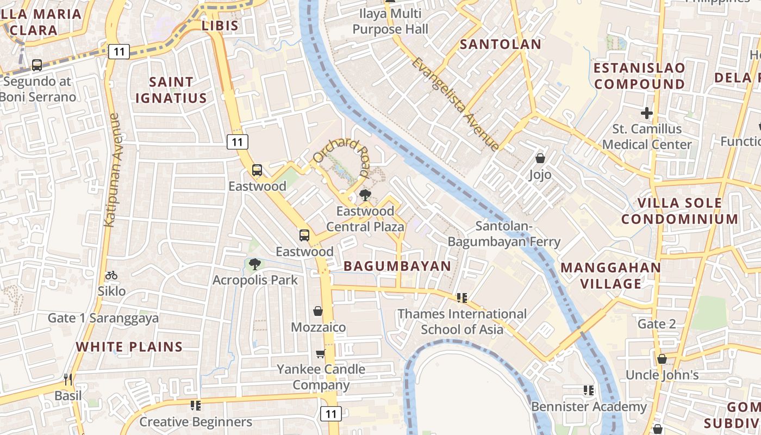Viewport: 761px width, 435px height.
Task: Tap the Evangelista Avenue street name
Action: coord(455,103)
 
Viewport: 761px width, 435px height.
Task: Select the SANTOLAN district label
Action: coord(501,44)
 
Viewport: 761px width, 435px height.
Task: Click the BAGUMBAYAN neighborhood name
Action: coord(397,266)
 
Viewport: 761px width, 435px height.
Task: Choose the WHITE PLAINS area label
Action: coord(129,346)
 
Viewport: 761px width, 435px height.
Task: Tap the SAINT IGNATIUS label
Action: coord(171,90)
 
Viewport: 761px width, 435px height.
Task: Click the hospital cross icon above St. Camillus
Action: coord(646,113)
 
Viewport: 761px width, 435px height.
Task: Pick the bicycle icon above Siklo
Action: coord(111,275)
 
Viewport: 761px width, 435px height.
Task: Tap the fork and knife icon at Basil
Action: coord(68,379)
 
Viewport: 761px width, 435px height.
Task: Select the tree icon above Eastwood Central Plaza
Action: coord(365,195)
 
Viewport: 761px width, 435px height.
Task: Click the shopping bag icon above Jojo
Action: coord(540,158)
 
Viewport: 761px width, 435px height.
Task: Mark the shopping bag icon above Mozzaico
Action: coord(318,311)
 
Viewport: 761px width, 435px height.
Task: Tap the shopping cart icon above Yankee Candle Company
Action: coord(321,353)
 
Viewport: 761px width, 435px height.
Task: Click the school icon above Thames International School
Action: coord(462,297)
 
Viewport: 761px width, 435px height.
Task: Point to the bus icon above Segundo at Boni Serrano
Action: coord(37,65)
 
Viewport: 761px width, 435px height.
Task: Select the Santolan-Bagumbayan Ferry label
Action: coord(504,234)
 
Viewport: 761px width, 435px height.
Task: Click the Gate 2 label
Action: coord(657,324)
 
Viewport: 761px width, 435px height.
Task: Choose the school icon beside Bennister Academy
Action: coord(588,390)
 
